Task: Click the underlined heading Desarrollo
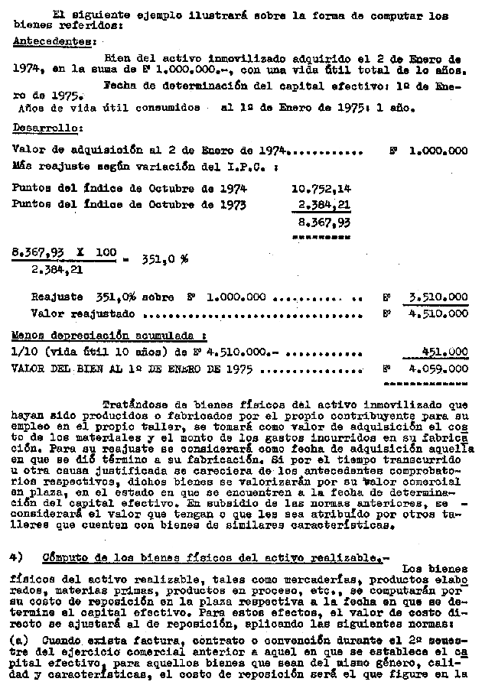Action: tap(48, 128)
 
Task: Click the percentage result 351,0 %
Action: tap(158, 258)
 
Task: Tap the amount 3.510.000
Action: tap(437, 297)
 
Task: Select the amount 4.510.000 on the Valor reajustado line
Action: tap(437, 313)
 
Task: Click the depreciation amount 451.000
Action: tap(445, 352)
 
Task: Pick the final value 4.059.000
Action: tap(437, 368)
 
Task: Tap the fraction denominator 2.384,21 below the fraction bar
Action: tap(57, 271)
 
